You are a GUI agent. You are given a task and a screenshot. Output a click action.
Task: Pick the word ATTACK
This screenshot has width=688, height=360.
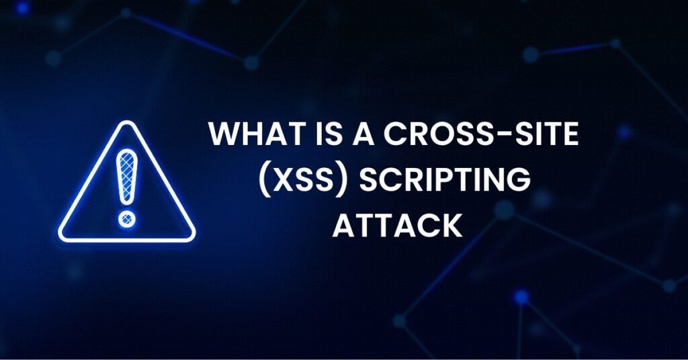tap(397, 226)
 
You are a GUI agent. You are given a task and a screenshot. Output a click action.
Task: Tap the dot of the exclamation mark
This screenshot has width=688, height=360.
tap(126, 218)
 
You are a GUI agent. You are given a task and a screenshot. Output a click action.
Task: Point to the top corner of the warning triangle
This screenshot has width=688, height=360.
tap(126, 124)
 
